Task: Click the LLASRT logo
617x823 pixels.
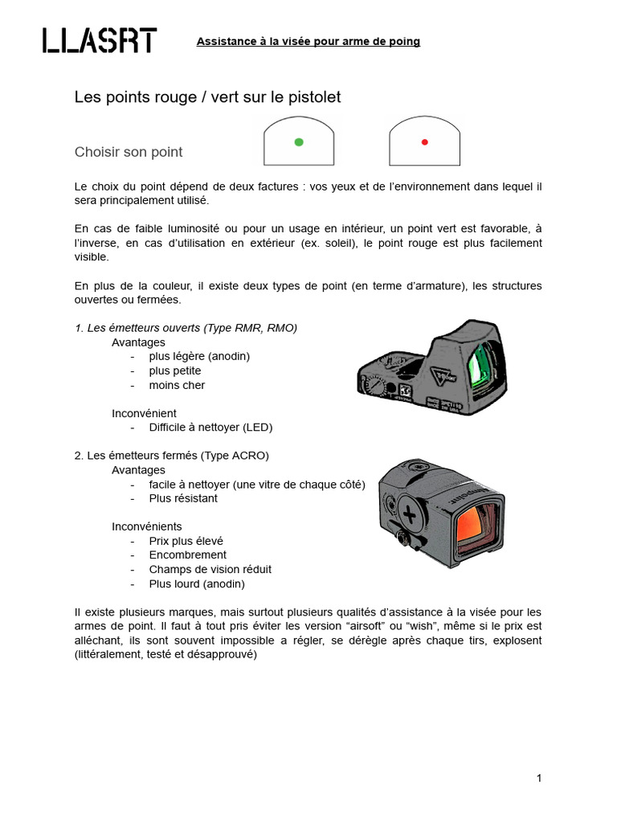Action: point(100,40)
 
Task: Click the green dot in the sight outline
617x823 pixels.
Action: point(299,142)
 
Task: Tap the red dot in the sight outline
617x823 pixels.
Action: point(424,142)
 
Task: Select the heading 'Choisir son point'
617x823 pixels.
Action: point(129,152)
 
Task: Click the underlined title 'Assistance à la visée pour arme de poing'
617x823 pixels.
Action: point(308,41)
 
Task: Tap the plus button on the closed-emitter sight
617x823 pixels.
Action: point(411,512)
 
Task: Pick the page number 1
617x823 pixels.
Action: point(539,778)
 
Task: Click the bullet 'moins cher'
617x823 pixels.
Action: point(177,385)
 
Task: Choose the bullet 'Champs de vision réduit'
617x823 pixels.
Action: point(210,569)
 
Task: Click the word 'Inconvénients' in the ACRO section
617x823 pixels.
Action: point(145,526)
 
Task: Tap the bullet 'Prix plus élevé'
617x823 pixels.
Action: point(186,541)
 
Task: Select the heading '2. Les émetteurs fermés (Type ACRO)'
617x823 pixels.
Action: point(172,455)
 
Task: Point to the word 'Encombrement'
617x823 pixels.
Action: point(188,555)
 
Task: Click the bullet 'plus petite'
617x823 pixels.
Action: point(175,371)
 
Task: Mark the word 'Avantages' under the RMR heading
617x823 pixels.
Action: point(138,342)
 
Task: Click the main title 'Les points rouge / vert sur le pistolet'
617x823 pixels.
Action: point(208,97)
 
